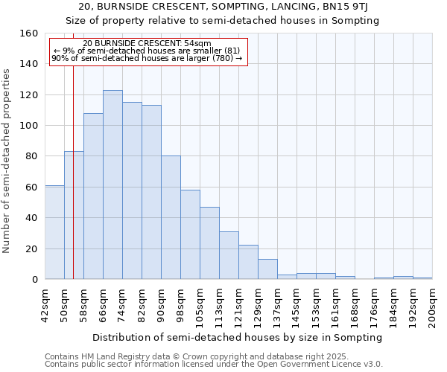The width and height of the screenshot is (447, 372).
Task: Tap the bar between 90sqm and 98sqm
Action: pos(171,217)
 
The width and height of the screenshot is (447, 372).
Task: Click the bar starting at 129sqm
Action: pos(267,269)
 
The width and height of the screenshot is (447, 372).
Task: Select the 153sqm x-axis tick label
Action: pos(316,306)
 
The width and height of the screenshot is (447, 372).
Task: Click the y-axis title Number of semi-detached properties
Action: pos(7,156)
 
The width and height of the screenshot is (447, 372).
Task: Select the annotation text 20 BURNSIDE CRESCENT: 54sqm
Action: pos(147,44)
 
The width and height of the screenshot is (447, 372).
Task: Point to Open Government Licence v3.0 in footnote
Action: pos(321,365)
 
